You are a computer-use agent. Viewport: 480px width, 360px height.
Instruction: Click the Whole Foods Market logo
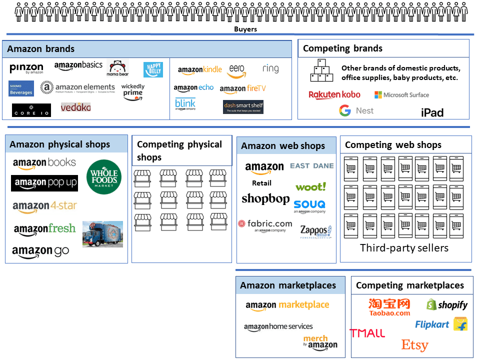(x=104, y=176)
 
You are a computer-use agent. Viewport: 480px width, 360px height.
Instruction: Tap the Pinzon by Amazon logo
(x=26, y=69)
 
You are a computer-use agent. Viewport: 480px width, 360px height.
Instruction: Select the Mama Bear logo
(x=118, y=68)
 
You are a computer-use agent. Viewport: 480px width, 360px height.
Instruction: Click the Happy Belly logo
(x=153, y=69)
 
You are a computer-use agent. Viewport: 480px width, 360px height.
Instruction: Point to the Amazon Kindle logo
(x=199, y=70)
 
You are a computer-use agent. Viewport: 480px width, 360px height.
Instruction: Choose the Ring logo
(x=270, y=68)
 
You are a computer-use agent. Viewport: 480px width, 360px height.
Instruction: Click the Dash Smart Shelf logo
(x=243, y=107)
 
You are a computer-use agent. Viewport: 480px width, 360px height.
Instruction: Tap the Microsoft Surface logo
(x=401, y=94)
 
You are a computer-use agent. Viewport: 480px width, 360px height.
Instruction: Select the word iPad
(x=432, y=112)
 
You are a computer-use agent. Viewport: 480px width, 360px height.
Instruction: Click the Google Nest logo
(x=356, y=110)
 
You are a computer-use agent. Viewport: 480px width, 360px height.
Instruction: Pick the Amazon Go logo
(x=40, y=251)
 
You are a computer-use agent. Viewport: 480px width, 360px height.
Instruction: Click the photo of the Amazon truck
(x=102, y=234)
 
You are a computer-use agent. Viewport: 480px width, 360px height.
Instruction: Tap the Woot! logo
(x=310, y=187)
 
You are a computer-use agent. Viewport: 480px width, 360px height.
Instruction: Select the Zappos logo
(x=315, y=231)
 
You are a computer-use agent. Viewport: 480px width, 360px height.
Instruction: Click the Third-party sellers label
(x=404, y=248)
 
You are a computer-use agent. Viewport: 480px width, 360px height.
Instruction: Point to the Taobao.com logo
(x=389, y=306)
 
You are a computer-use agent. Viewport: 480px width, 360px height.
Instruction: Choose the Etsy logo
(x=414, y=345)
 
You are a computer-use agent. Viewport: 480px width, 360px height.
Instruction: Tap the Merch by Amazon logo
(x=320, y=342)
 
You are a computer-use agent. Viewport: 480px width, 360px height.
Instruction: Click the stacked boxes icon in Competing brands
(x=321, y=70)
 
